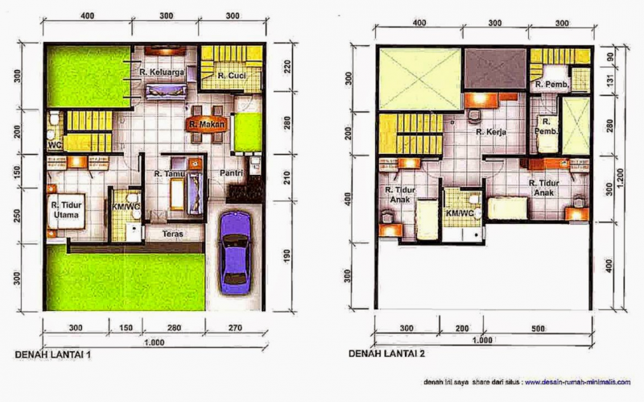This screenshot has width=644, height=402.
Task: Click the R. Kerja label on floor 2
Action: click(x=489, y=133)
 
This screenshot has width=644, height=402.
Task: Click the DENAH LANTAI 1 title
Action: click(x=54, y=354)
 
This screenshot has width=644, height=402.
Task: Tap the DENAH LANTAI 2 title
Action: click(x=387, y=354)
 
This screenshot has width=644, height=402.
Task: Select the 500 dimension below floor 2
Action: click(x=538, y=329)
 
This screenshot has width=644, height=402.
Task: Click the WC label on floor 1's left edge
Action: click(x=55, y=146)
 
